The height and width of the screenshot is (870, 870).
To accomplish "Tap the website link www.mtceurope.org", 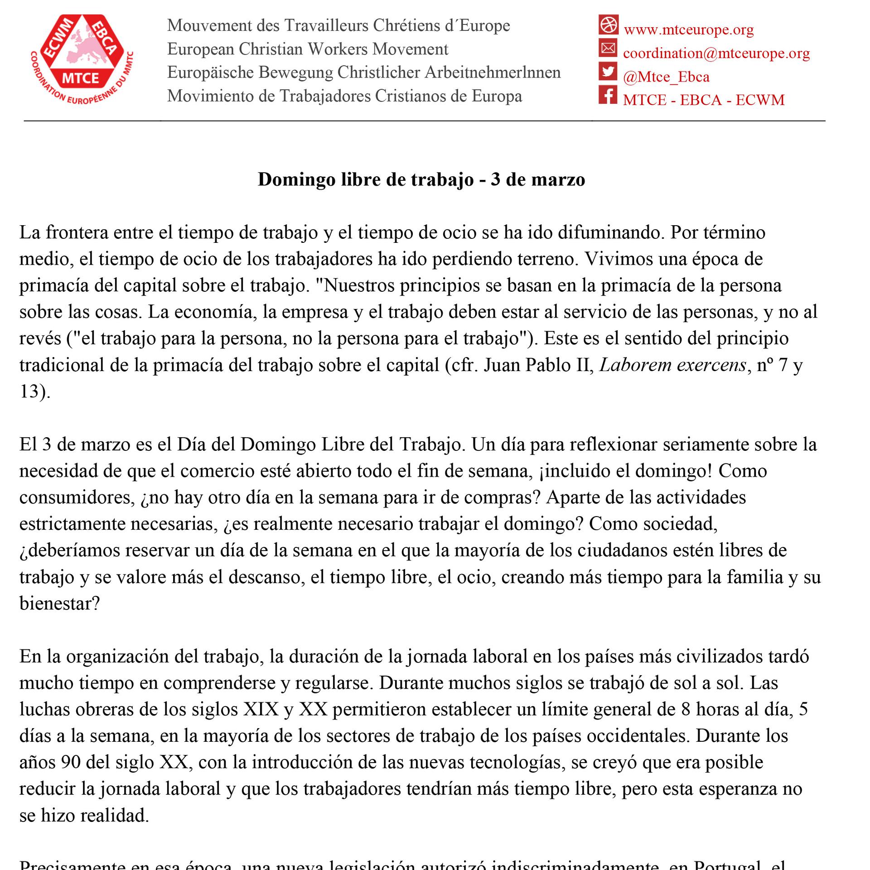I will [x=689, y=30].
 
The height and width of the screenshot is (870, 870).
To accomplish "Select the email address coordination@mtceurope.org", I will [x=716, y=53].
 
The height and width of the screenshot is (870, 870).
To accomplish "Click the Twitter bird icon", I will [x=608, y=72].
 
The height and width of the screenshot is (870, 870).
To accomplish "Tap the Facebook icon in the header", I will [x=608, y=95].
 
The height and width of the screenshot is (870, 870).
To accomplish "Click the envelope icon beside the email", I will [x=608, y=48].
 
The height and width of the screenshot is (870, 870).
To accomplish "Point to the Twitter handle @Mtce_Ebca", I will [x=666, y=77].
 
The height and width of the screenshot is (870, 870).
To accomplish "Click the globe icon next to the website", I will [x=608, y=24].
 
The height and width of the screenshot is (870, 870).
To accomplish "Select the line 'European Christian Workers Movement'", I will [x=308, y=49].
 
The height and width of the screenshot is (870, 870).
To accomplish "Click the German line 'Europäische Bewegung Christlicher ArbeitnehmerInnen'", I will [x=364, y=72].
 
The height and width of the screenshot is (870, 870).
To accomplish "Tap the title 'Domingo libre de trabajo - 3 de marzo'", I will [x=421, y=179].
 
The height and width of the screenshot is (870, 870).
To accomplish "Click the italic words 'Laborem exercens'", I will [x=673, y=365].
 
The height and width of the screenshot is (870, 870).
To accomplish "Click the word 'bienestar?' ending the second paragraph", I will [x=59, y=604].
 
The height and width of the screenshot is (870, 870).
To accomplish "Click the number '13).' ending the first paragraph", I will [x=34, y=391].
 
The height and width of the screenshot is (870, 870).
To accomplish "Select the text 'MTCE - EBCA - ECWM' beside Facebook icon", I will [x=704, y=100].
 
